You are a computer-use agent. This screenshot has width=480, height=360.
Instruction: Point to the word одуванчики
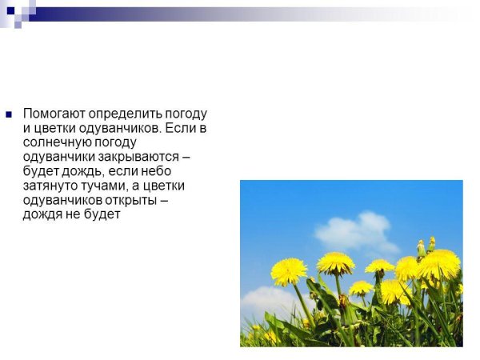pos(59,157)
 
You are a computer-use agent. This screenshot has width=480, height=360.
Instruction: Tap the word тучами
pos(104,186)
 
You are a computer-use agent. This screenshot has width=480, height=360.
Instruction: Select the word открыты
pos(133,200)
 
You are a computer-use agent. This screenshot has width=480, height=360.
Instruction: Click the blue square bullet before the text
pos(9,114)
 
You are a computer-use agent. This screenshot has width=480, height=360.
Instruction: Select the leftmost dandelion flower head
pos(288,270)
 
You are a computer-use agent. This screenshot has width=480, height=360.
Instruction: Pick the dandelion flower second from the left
pos(335,262)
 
